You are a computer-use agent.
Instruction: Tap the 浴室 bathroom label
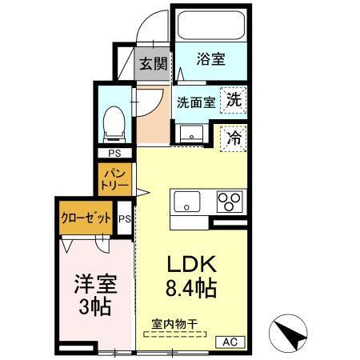pos(210,58)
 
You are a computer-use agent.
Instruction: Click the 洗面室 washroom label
pos(194,102)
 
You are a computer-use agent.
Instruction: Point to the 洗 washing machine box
pos(234,101)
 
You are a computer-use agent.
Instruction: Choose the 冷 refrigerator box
pos(234,138)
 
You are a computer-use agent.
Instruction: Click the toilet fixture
pos(112,121)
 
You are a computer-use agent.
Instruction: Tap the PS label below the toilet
pos(113,153)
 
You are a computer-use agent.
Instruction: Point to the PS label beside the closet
pos(124,218)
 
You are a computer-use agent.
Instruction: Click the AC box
pos(230,342)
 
